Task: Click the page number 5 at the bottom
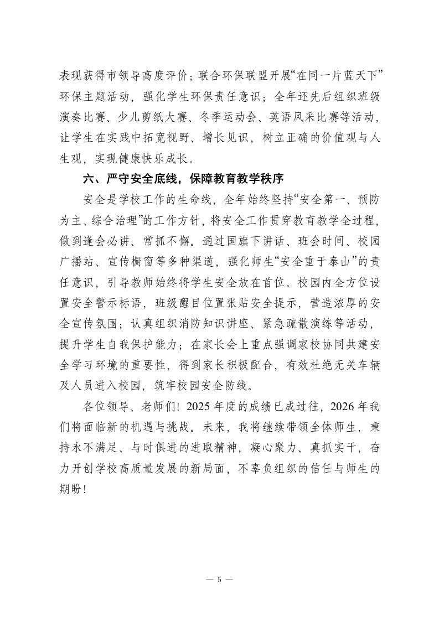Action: (219, 579)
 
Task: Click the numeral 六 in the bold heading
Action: (87, 179)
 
